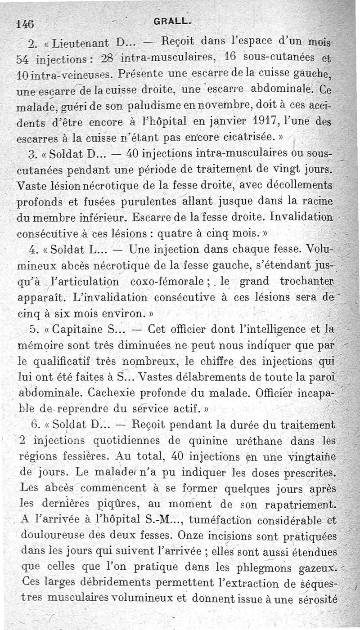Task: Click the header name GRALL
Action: (x=166, y=21)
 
